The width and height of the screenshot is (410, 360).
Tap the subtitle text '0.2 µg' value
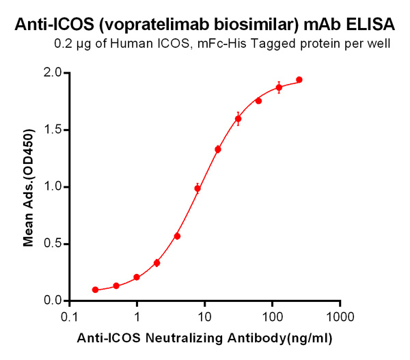tap(71, 46)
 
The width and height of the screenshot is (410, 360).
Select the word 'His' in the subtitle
tap(249, 46)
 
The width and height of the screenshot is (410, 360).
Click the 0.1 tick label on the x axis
tap(69, 317)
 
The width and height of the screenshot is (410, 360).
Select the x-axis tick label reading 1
tap(137, 317)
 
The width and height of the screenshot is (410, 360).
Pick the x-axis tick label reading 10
tap(204, 317)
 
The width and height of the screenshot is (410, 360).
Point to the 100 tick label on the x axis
tap(272, 317)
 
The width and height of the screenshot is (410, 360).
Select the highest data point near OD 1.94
tap(299, 80)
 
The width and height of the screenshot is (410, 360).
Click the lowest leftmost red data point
tap(96, 290)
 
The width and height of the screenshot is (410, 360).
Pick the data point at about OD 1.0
tap(197, 189)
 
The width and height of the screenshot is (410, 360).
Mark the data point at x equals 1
tap(137, 277)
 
